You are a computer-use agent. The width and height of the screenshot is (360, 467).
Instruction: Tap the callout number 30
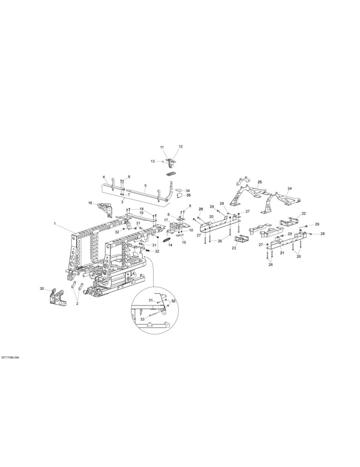pos(42,289)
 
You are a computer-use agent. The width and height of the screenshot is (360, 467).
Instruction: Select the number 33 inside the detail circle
pos(142,319)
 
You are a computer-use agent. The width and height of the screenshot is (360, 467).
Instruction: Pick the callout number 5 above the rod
pos(145,185)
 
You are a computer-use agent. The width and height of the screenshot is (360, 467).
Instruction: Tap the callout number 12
pos(180,147)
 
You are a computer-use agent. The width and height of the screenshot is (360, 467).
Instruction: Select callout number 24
pos(289,188)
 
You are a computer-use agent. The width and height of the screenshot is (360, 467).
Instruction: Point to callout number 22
pos(304,213)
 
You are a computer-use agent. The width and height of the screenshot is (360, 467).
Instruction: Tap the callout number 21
pos(282,253)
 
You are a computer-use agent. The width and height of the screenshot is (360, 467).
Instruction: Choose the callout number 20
pos(212,217)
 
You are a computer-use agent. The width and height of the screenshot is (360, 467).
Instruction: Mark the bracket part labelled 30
pos(57,297)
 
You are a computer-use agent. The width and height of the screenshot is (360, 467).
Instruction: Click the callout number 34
pos(188,191)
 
